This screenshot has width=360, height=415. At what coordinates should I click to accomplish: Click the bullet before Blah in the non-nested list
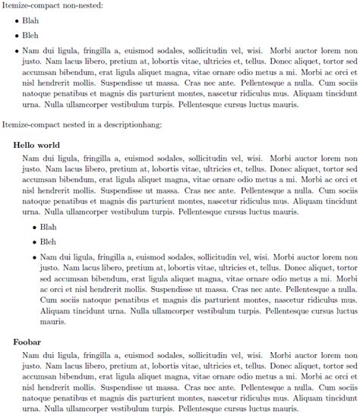pyautogui.click(x=17, y=21)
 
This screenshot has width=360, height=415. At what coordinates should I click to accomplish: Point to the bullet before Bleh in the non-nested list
pyautogui.click(x=17, y=36)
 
